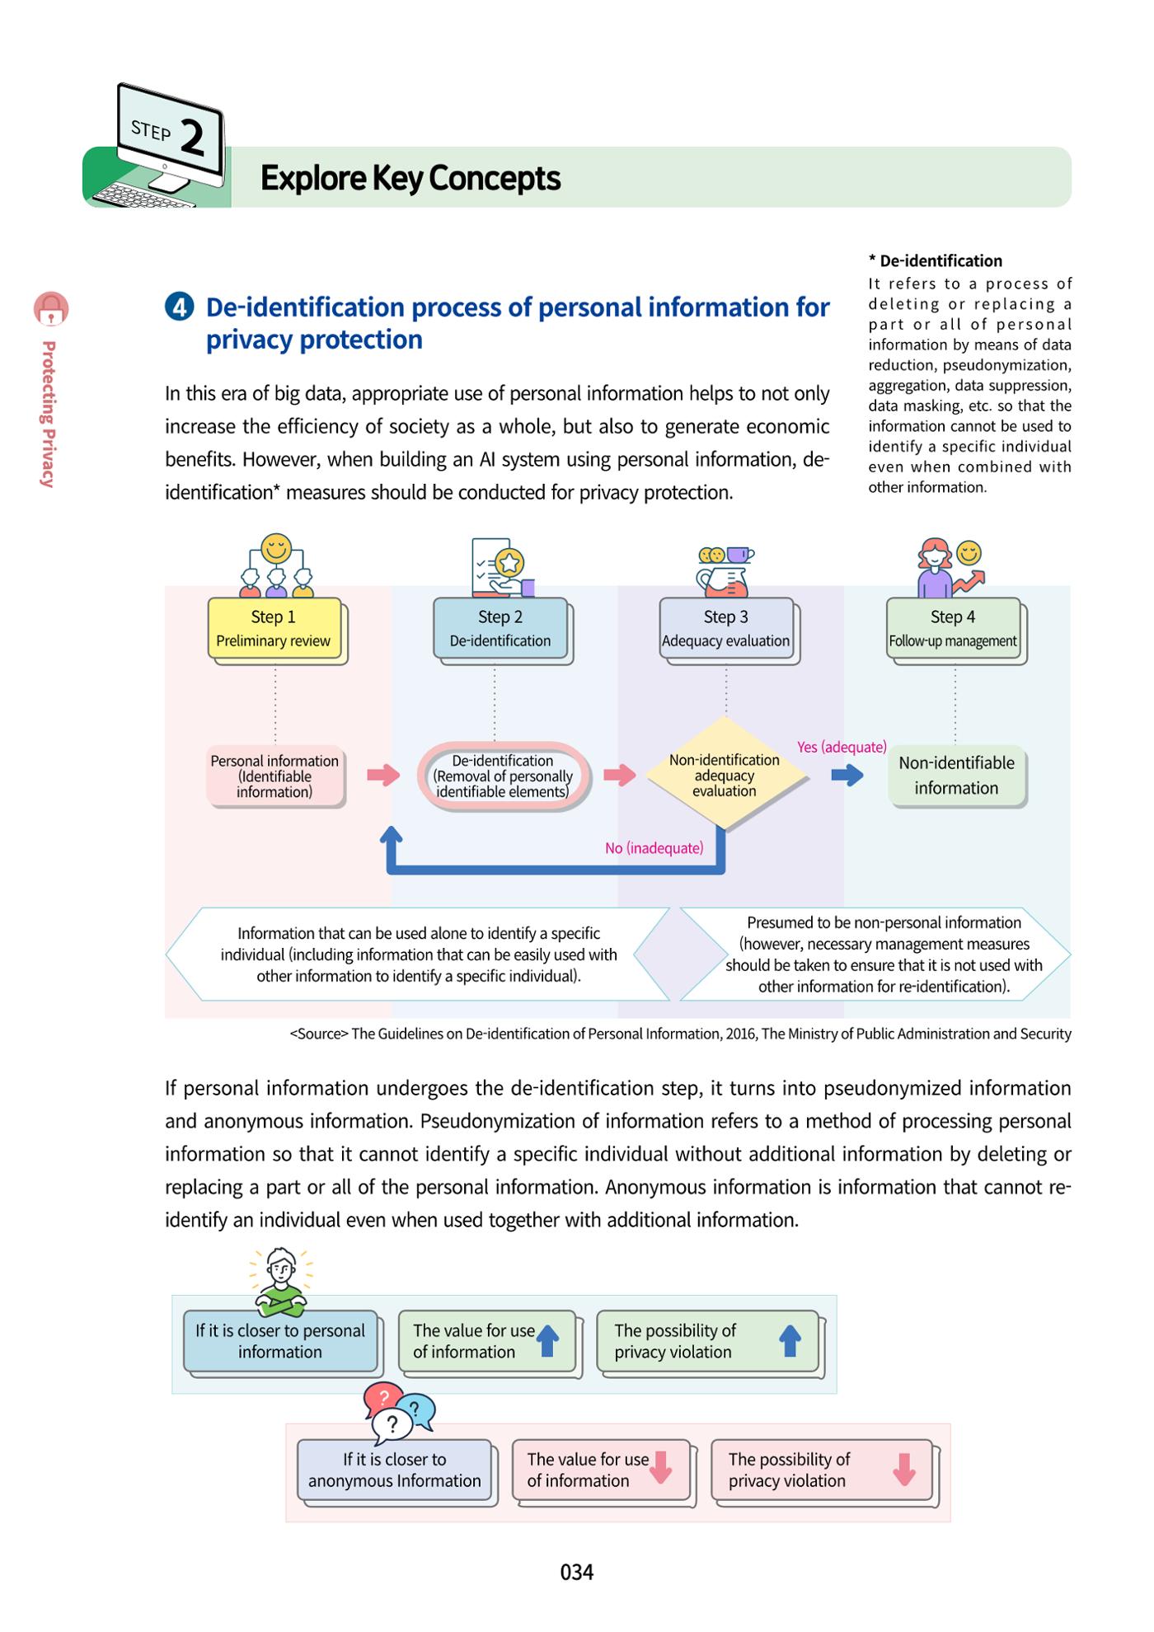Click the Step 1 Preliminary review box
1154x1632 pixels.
(274, 628)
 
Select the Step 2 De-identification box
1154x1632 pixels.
(500, 628)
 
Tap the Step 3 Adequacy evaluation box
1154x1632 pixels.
(726, 628)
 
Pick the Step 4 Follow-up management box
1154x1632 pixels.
(954, 628)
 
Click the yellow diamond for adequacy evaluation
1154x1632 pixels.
(725, 775)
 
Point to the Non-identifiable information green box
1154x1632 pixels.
(956, 776)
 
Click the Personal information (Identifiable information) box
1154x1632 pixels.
(274, 776)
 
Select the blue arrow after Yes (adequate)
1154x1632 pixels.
(847, 775)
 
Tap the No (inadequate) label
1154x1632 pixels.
(654, 848)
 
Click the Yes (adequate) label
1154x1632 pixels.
(842, 747)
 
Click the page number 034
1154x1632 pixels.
(577, 1573)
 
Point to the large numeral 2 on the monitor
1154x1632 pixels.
(192, 138)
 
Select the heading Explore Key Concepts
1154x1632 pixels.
(410, 178)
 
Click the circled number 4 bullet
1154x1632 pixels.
(179, 307)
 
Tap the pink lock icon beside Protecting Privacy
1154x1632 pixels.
(51, 309)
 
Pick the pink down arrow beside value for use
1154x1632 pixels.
(661, 1468)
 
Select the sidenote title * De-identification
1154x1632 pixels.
(935, 261)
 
